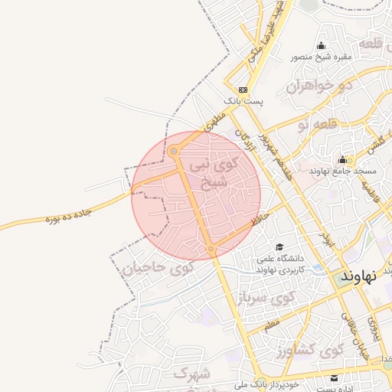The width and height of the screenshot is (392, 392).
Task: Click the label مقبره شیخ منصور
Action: (x=320, y=57)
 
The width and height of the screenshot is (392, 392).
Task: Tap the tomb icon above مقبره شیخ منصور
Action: (x=320, y=45)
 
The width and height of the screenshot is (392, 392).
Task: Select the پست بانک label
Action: (x=243, y=100)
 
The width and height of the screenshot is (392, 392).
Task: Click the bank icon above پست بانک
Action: (x=243, y=89)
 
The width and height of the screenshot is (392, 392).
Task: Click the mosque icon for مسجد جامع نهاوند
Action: (x=342, y=160)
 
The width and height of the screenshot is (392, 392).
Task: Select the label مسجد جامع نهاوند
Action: (x=339, y=171)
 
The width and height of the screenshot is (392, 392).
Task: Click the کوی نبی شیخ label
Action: (x=219, y=173)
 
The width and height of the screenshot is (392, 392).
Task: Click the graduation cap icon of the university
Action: (x=279, y=247)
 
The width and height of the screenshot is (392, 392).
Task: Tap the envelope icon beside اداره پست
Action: (x=334, y=378)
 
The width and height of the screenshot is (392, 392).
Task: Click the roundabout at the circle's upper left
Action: (x=174, y=152)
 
